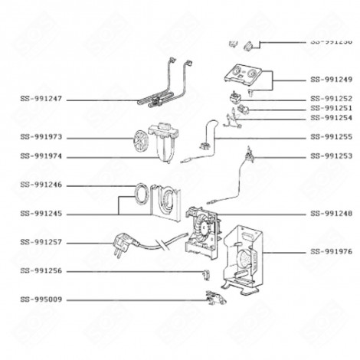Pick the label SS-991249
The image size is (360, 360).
click(331, 80)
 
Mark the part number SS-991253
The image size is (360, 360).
click(331, 156)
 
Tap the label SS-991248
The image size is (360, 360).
click(331, 213)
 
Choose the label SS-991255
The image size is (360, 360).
click(331, 137)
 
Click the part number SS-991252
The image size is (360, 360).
click(331, 99)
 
